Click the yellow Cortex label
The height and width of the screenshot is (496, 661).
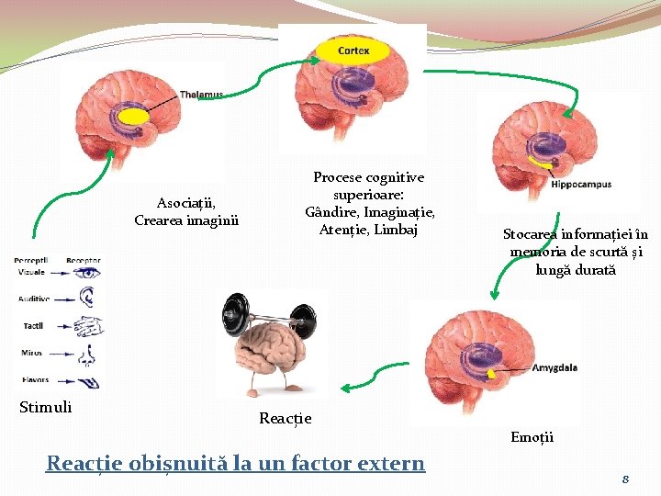pos(353,51)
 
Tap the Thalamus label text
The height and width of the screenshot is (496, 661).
pos(201,95)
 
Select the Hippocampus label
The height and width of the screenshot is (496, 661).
pos(580,185)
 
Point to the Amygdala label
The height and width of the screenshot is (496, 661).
pos(555,367)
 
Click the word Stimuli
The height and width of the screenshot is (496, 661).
pos(46,407)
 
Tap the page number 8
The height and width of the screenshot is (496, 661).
pos(625,479)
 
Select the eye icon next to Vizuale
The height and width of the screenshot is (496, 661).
pos(88,273)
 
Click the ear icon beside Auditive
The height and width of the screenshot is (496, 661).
pos(88,298)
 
